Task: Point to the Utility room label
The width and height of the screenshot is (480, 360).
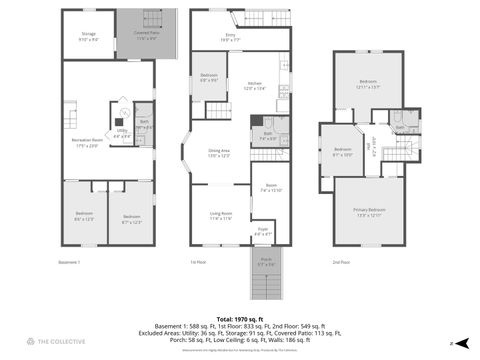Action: coord(121,131)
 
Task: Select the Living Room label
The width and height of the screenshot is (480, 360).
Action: coord(219,215)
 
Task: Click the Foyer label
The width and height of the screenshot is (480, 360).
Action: coord(262,231)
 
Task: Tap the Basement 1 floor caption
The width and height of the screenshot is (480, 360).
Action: coord(69,263)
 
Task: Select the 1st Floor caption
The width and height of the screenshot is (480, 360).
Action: coord(196,263)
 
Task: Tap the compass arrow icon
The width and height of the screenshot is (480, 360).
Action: coord(451,343)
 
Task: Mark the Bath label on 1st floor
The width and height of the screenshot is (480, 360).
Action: coord(268,135)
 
